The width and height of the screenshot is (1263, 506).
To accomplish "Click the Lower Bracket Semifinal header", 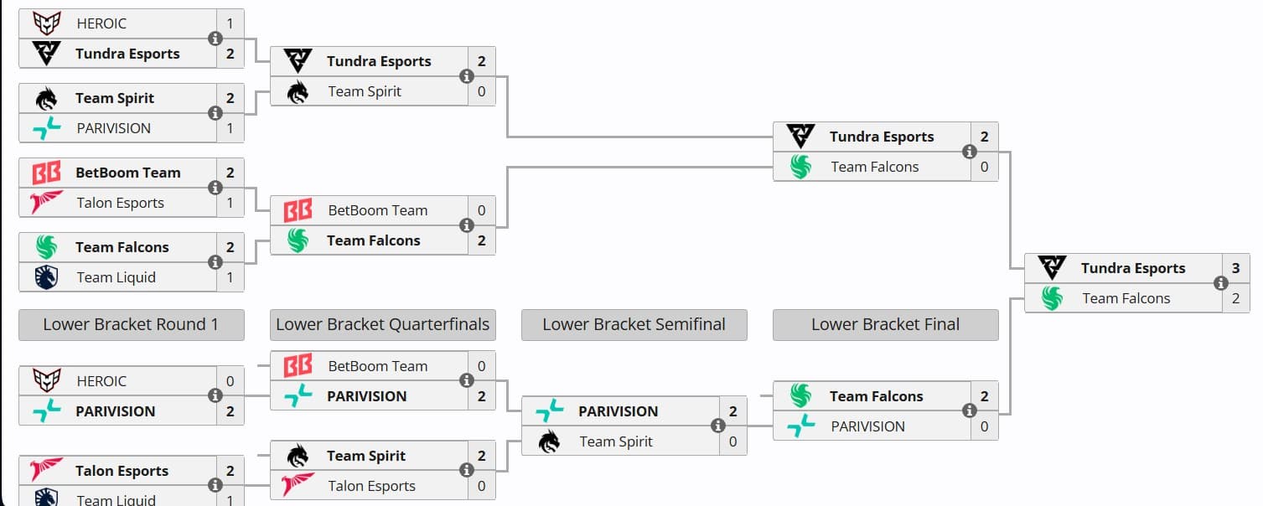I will (x=634, y=325).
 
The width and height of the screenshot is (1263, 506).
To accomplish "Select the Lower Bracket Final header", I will (x=885, y=325).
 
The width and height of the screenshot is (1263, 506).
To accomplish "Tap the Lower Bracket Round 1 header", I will (x=131, y=325).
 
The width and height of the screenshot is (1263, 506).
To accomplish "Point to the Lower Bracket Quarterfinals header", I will (x=382, y=325).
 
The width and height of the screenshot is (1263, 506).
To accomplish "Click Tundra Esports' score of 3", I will (x=1235, y=268).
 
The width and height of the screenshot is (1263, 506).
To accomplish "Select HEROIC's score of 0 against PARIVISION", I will (x=230, y=381).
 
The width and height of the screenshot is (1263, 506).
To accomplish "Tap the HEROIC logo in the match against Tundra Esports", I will (x=46, y=23).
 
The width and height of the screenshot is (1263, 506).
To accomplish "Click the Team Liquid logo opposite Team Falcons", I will (x=46, y=277).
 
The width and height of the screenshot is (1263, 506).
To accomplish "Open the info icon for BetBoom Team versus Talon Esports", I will (x=215, y=188).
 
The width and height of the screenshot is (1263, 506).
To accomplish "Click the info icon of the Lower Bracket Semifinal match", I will (x=718, y=426).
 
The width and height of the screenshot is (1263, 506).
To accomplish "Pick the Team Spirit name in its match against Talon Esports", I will (x=366, y=456).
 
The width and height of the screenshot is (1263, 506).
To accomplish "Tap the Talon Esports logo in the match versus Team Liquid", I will (x=46, y=471).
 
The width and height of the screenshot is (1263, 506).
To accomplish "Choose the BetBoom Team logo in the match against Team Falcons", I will (x=298, y=210).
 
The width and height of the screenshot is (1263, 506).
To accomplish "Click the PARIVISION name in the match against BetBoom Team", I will (x=366, y=396).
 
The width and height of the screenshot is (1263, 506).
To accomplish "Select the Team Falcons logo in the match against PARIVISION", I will (x=800, y=396).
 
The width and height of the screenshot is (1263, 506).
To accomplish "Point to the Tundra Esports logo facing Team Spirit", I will (x=298, y=61).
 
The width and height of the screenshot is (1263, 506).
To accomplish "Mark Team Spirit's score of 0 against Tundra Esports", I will (x=481, y=91).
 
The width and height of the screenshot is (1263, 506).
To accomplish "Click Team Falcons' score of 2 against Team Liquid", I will (x=230, y=247).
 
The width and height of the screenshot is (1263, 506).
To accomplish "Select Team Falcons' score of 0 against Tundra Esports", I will (x=984, y=167).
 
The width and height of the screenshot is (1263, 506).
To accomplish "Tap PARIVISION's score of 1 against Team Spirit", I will (x=230, y=128).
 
